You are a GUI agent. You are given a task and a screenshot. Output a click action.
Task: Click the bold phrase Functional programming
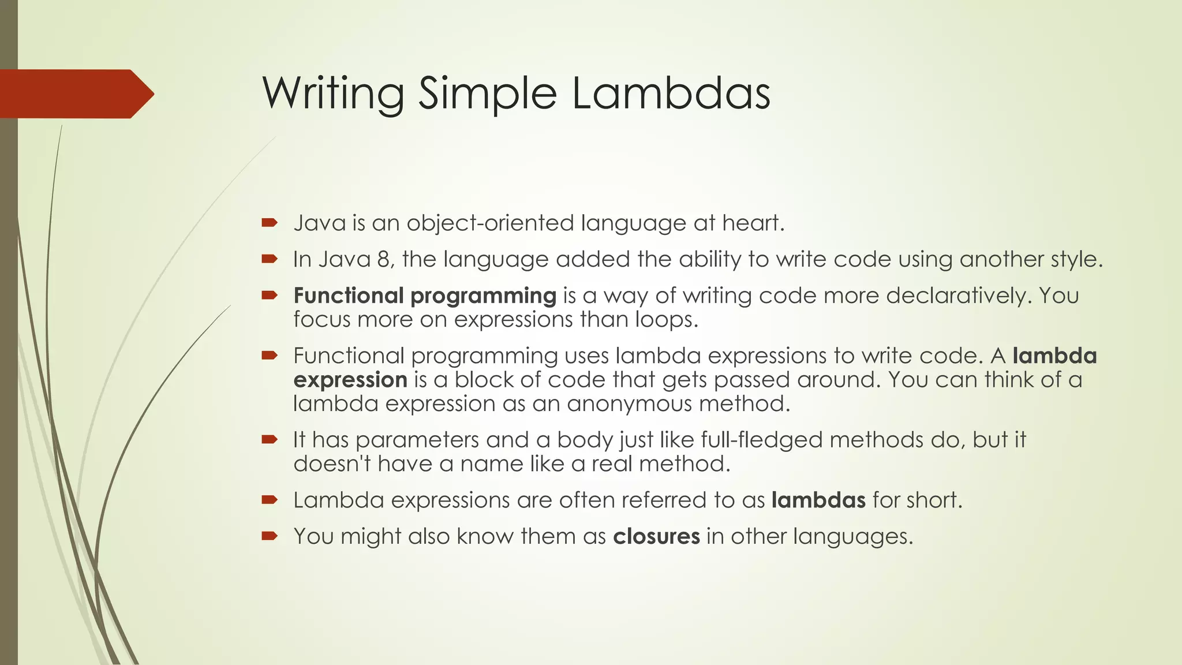pos(425,296)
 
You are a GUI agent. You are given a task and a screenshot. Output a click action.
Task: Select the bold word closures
pos(656,536)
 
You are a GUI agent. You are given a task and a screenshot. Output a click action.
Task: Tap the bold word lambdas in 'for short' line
pos(818,500)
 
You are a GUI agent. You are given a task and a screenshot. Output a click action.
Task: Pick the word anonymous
pos(630,404)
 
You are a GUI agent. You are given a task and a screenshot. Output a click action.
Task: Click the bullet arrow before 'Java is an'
pos(270,223)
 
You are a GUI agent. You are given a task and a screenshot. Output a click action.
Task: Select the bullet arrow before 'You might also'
pos(270,536)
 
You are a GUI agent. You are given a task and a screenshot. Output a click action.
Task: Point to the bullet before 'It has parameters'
pos(270,439)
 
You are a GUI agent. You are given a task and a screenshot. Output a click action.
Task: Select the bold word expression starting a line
pos(350,380)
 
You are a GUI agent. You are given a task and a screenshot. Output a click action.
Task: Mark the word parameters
pos(417,440)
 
